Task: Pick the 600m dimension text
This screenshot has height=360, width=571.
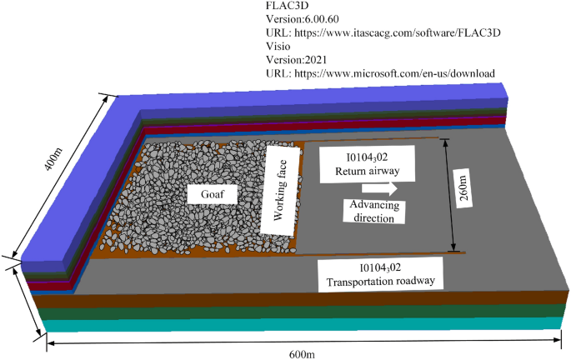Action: point(302,353)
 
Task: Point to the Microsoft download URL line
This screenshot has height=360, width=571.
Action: point(379,72)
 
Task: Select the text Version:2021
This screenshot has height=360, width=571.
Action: point(297,59)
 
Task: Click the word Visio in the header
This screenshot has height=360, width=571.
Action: point(278,46)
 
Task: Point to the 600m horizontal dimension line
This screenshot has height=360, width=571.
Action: point(167,342)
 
